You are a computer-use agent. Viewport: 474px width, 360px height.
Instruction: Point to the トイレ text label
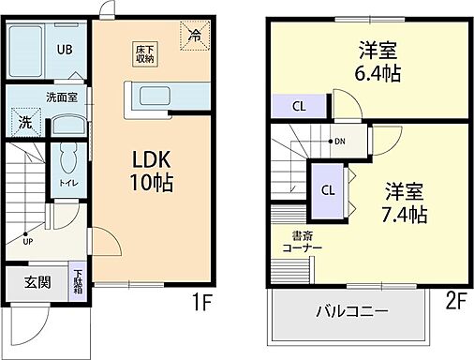67,184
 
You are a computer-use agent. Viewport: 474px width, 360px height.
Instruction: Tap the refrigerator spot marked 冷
194,37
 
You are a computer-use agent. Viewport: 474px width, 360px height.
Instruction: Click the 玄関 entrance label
37,282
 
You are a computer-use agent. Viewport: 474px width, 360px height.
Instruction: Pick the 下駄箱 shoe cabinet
77,282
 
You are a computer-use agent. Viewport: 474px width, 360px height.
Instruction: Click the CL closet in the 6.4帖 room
299,106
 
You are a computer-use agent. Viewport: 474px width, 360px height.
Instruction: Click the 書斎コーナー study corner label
301,241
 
